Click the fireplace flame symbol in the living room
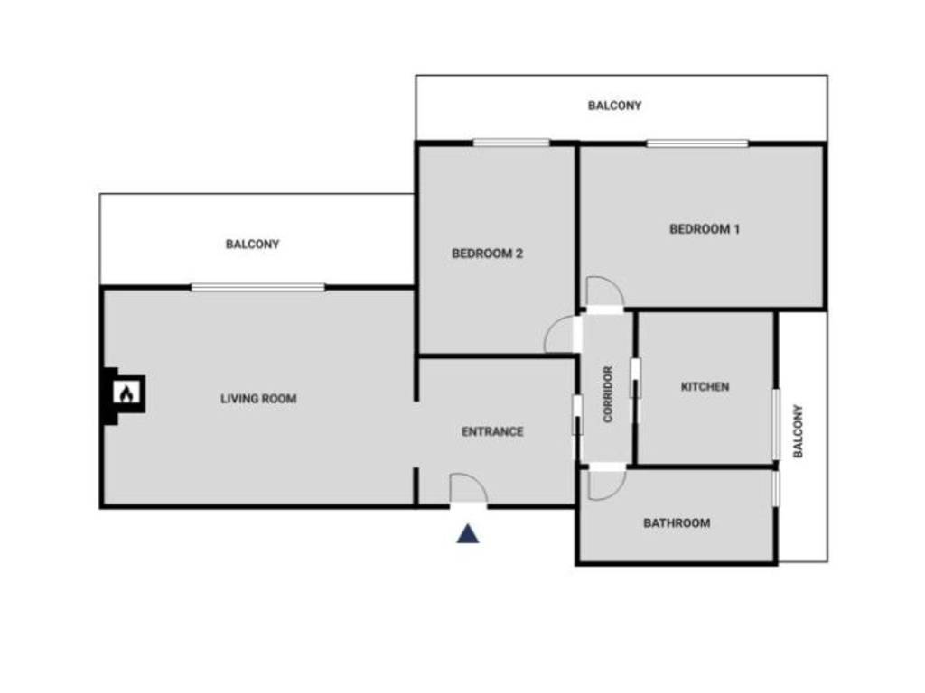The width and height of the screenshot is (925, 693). tap(126, 394)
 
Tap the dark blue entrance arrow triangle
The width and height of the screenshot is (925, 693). tap(467, 534)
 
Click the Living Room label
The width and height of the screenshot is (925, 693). tap(258, 398)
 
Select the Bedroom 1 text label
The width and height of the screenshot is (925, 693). tap(705, 229)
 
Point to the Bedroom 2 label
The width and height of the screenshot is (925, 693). tap(487, 254)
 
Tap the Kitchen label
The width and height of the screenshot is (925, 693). tap(705, 387)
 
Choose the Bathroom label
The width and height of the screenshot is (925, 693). tap(677, 522)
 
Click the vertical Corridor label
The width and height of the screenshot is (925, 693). tap(608, 394)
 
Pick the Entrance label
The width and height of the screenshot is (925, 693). tap(492, 431)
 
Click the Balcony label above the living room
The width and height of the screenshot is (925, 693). tap(253, 244)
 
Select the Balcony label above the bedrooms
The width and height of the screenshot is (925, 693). tap(614, 106)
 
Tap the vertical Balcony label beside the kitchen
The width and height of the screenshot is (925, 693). tap(798, 431)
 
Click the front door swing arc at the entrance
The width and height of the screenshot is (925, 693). tap(470, 489)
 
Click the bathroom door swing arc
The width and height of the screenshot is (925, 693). tap(606, 484)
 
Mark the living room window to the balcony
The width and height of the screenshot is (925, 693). tap(257, 288)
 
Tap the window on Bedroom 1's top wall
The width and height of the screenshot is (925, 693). tap(697, 143)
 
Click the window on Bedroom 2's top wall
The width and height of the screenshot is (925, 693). tap(511, 143)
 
